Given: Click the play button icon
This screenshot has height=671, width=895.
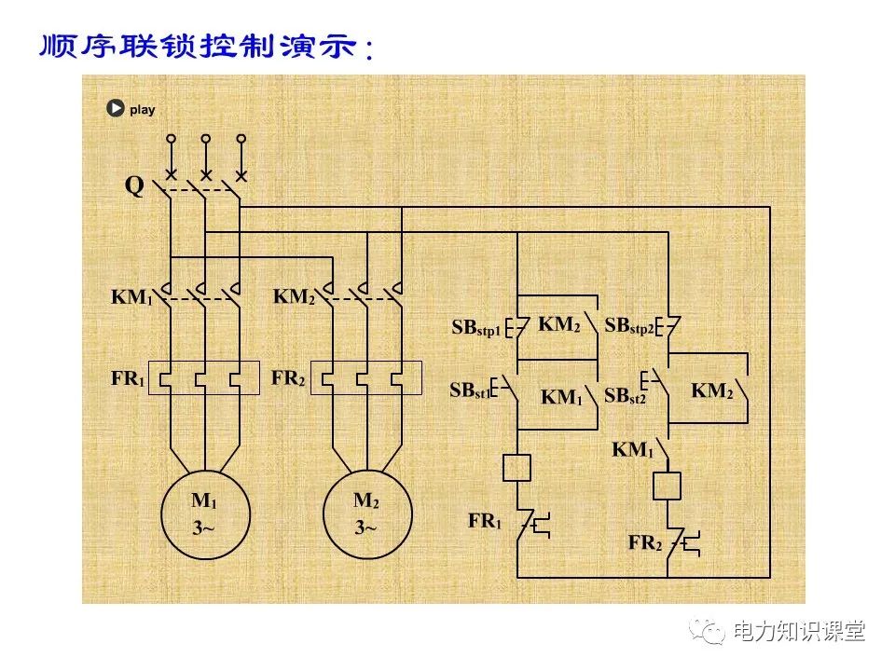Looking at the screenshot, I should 115,109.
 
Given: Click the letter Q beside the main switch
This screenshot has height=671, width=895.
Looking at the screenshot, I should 134,186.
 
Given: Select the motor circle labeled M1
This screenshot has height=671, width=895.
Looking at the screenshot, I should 205,513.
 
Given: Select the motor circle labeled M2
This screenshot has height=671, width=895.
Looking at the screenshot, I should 365,513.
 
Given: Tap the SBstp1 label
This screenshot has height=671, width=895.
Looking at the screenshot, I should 476,329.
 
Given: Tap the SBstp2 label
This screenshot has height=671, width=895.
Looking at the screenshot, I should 629,327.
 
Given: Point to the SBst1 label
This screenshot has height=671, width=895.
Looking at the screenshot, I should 469,391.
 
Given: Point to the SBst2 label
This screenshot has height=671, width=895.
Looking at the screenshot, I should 625,396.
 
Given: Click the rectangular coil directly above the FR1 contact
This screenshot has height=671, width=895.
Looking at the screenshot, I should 516,468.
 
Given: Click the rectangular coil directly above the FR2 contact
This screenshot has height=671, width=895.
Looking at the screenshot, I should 668,486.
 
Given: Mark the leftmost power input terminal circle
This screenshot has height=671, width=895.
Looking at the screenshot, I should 171,138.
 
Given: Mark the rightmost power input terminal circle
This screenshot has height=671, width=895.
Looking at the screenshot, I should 241,138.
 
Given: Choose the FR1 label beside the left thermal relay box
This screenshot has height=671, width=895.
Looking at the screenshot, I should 128,380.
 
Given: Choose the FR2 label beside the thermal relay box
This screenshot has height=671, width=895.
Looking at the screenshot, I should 289,380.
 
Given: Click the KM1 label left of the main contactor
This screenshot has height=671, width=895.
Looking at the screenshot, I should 131,298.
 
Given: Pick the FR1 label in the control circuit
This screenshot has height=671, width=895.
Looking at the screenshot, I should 485,522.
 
